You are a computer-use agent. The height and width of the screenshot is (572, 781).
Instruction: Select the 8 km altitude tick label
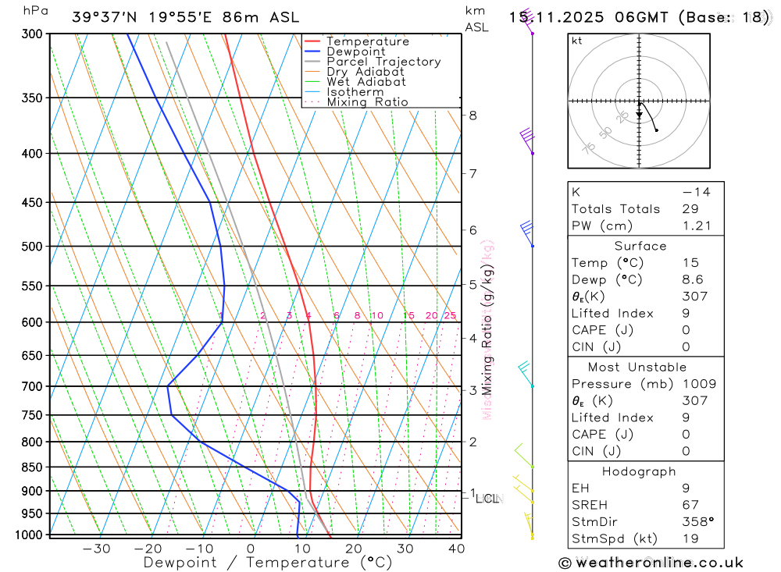coord(473,115)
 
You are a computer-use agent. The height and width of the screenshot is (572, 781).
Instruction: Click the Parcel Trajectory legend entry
coord(383,62)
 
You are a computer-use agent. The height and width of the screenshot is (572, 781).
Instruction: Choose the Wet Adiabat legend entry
coord(366,82)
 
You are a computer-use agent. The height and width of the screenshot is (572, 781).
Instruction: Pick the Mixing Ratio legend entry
coord(367,102)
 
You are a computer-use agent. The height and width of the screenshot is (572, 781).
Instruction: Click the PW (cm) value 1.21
coord(697,226)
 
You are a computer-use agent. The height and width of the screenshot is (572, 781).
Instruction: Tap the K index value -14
coord(695,192)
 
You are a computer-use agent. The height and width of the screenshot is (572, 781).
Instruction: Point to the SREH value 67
coord(690,505)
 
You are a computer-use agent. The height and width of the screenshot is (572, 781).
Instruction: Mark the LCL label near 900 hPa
coord(488,498)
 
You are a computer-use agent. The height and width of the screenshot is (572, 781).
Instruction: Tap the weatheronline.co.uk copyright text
coord(651,563)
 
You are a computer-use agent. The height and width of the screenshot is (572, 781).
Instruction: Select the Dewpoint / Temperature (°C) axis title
coord(268,562)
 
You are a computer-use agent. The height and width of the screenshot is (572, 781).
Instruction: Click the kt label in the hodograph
coord(577,41)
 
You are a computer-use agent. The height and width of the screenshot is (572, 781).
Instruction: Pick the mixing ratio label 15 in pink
coord(408,316)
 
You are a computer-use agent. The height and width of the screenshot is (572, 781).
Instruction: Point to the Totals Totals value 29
coord(690,209)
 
